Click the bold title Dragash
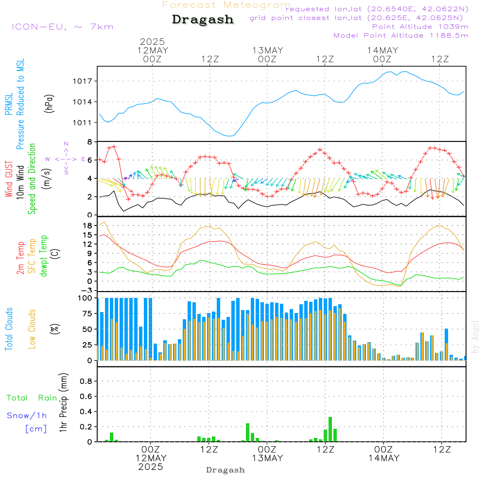click(203, 19)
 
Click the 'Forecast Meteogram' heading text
click(226, 5)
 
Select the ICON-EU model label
click(39, 27)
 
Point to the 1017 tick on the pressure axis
click(82, 81)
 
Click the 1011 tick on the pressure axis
click(82, 123)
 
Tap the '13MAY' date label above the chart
click(267, 51)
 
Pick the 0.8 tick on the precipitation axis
click(86, 381)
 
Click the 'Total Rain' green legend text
click(32, 398)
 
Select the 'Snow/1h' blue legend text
click(27, 416)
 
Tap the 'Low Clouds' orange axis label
click(32, 329)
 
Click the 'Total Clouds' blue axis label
click(9, 329)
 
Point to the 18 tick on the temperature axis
click(87, 226)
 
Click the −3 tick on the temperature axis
click(86, 291)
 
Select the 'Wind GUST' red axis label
click(9, 179)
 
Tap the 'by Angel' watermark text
click(475, 337)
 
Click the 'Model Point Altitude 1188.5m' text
click(401, 35)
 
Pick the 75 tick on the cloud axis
click(87, 313)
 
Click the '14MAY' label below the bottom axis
click(384, 458)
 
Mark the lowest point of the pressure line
click(229, 136)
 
